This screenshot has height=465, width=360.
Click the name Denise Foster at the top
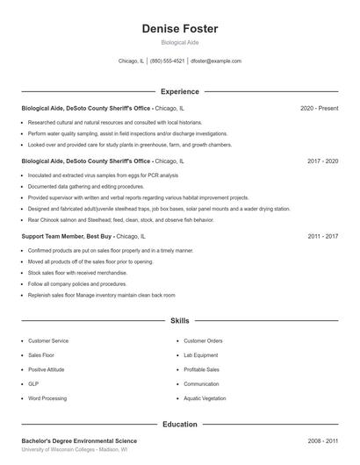pyautogui.click(x=180, y=29)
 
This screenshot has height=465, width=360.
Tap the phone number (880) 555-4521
pyautogui.click(x=167, y=61)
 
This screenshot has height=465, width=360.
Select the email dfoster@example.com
pyautogui.click(x=216, y=61)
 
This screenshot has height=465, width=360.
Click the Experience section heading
pyautogui.click(x=180, y=91)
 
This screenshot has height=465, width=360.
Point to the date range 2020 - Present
pyautogui.click(x=319, y=108)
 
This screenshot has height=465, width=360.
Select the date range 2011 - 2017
pyautogui.click(x=323, y=237)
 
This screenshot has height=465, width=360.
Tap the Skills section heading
pyautogui.click(x=180, y=321)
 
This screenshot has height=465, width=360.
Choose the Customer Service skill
pyautogui.click(x=48, y=340)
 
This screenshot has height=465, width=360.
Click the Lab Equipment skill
pyautogui.click(x=202, y=355)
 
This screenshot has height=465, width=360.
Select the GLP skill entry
pyautogui.click(x=33, y=384)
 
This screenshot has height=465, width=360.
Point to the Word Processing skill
pyautogui.click(x=47, y=398)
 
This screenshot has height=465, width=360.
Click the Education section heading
pyautogui.click(x=180, y=424)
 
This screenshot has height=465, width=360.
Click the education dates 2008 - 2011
pyautogui.click(x=323, y=440)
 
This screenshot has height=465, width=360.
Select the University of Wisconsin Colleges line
pyautogui.click(x=75, y=449)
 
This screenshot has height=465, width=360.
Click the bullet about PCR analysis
pyautogui.click(x=103, y=175)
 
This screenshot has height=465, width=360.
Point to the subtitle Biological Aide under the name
pyautogui.click(x=180, y=43)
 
